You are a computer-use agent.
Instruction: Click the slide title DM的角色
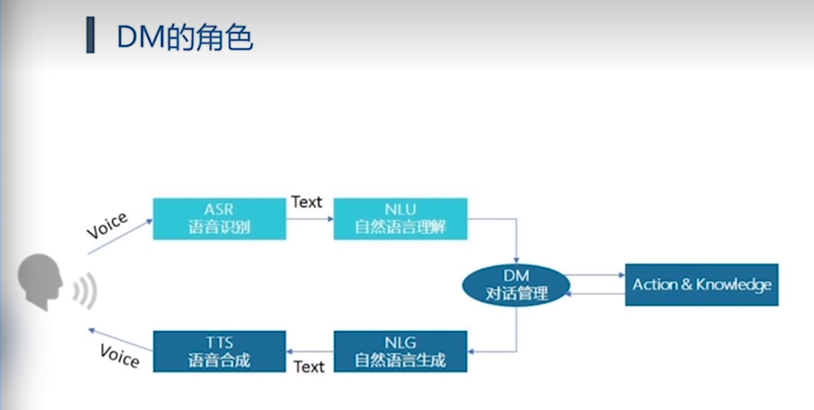pos(185,37)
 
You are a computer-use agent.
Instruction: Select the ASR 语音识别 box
pos(219,219)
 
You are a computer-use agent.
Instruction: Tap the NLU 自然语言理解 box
pos(400,219)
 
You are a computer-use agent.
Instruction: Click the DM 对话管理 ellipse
pos(516,285)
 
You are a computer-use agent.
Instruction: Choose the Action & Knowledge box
pos(701,285)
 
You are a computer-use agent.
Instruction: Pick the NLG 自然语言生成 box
pos(400,352)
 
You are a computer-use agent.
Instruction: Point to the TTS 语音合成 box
pos(219,352)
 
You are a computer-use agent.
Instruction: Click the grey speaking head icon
pos(40,281)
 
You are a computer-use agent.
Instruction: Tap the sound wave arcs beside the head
pos(85,290)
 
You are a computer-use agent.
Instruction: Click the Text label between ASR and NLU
pos(307,202)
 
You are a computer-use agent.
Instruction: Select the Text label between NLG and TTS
pos(309,367)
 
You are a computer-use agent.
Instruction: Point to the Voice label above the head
pos(107,225)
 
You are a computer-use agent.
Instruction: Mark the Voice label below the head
pos(120,356)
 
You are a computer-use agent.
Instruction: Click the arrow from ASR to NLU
pos(310,219)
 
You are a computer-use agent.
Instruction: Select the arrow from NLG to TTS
pos(310,352)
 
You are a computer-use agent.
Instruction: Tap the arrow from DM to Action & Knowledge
pos(596,275)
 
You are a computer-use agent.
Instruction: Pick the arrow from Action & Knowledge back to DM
pos(596,294)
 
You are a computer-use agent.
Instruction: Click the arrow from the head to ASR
pos(120,237)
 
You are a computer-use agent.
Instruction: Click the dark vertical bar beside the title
pos(90,36)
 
